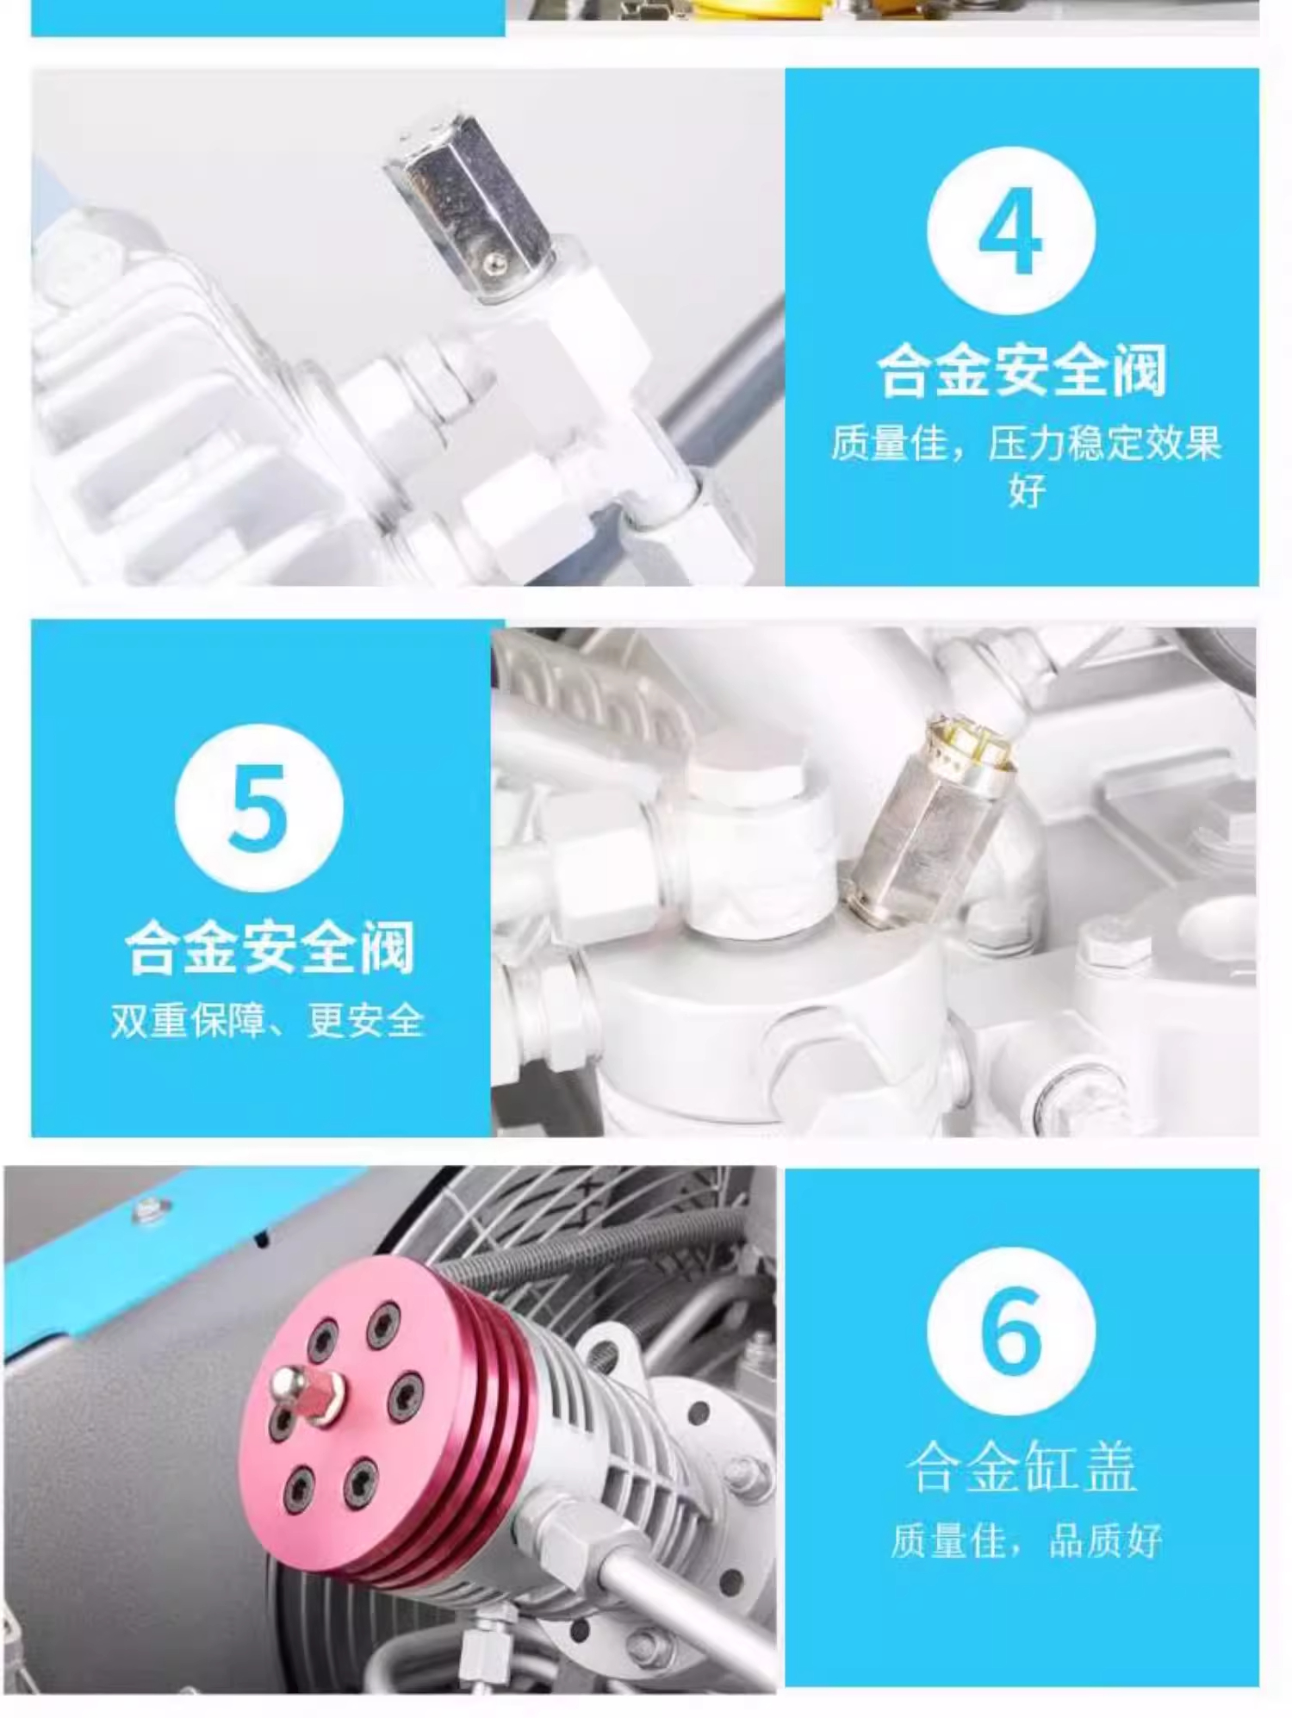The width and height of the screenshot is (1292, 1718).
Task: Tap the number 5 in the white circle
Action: click(258, 807)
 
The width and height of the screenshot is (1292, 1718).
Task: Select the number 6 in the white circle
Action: click(1011, 1330)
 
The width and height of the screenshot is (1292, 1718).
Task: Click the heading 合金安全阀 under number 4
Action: click(1022, 370)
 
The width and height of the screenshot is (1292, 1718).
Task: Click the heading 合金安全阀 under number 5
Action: click(270, 948)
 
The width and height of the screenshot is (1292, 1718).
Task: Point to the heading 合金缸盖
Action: click(1022, 1466)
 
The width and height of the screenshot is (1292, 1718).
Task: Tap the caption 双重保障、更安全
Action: click(268, 1021)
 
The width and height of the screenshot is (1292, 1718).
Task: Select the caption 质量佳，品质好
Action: click(1025, 1541)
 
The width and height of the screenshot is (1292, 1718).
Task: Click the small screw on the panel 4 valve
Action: click(493, 262)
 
